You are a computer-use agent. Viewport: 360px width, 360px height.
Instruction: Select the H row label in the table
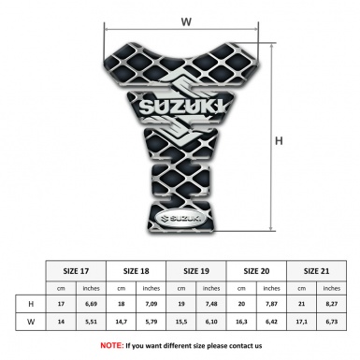point(32,304)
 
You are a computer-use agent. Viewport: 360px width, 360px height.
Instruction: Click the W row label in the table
point(32,323)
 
